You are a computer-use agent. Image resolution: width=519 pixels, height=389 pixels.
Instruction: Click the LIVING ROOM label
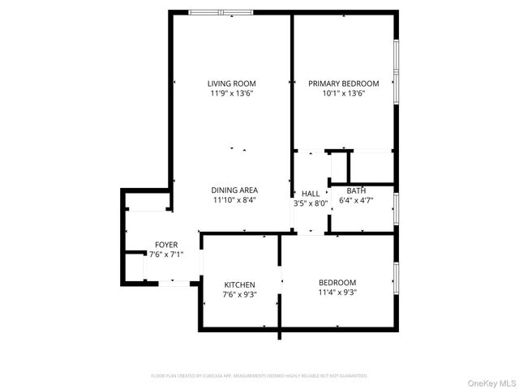[231, 83]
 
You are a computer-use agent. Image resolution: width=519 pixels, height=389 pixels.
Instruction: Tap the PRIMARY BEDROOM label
[344, 83]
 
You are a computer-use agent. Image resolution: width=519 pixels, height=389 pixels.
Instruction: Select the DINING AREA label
[235, 190]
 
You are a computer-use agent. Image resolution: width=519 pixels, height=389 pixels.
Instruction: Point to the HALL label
[311, 194]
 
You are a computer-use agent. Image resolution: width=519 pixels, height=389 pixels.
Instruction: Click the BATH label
[356, 191]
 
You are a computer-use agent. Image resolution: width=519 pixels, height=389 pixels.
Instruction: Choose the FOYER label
[166, 245]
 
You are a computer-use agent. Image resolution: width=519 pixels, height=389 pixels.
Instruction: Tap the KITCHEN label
[240, 284]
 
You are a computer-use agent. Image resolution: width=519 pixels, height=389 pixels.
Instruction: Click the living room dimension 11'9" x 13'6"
[231, 93]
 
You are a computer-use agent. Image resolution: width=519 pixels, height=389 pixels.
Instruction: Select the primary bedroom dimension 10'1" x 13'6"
[344, 93]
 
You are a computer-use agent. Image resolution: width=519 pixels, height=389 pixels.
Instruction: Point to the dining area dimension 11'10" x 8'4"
[235, 199]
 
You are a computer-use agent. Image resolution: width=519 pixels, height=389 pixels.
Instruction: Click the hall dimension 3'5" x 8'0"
[311, 203]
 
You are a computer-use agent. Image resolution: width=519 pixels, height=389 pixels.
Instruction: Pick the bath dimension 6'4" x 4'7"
[356, 200]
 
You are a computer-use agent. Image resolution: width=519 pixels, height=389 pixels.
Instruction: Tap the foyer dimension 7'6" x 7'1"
[166, 254]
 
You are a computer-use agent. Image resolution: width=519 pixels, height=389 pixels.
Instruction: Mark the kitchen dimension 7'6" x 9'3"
[240, 294]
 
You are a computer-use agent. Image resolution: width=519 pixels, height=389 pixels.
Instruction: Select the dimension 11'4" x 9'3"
[338, 292]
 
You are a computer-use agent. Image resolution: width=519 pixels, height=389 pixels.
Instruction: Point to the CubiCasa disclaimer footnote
[259, 376]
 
